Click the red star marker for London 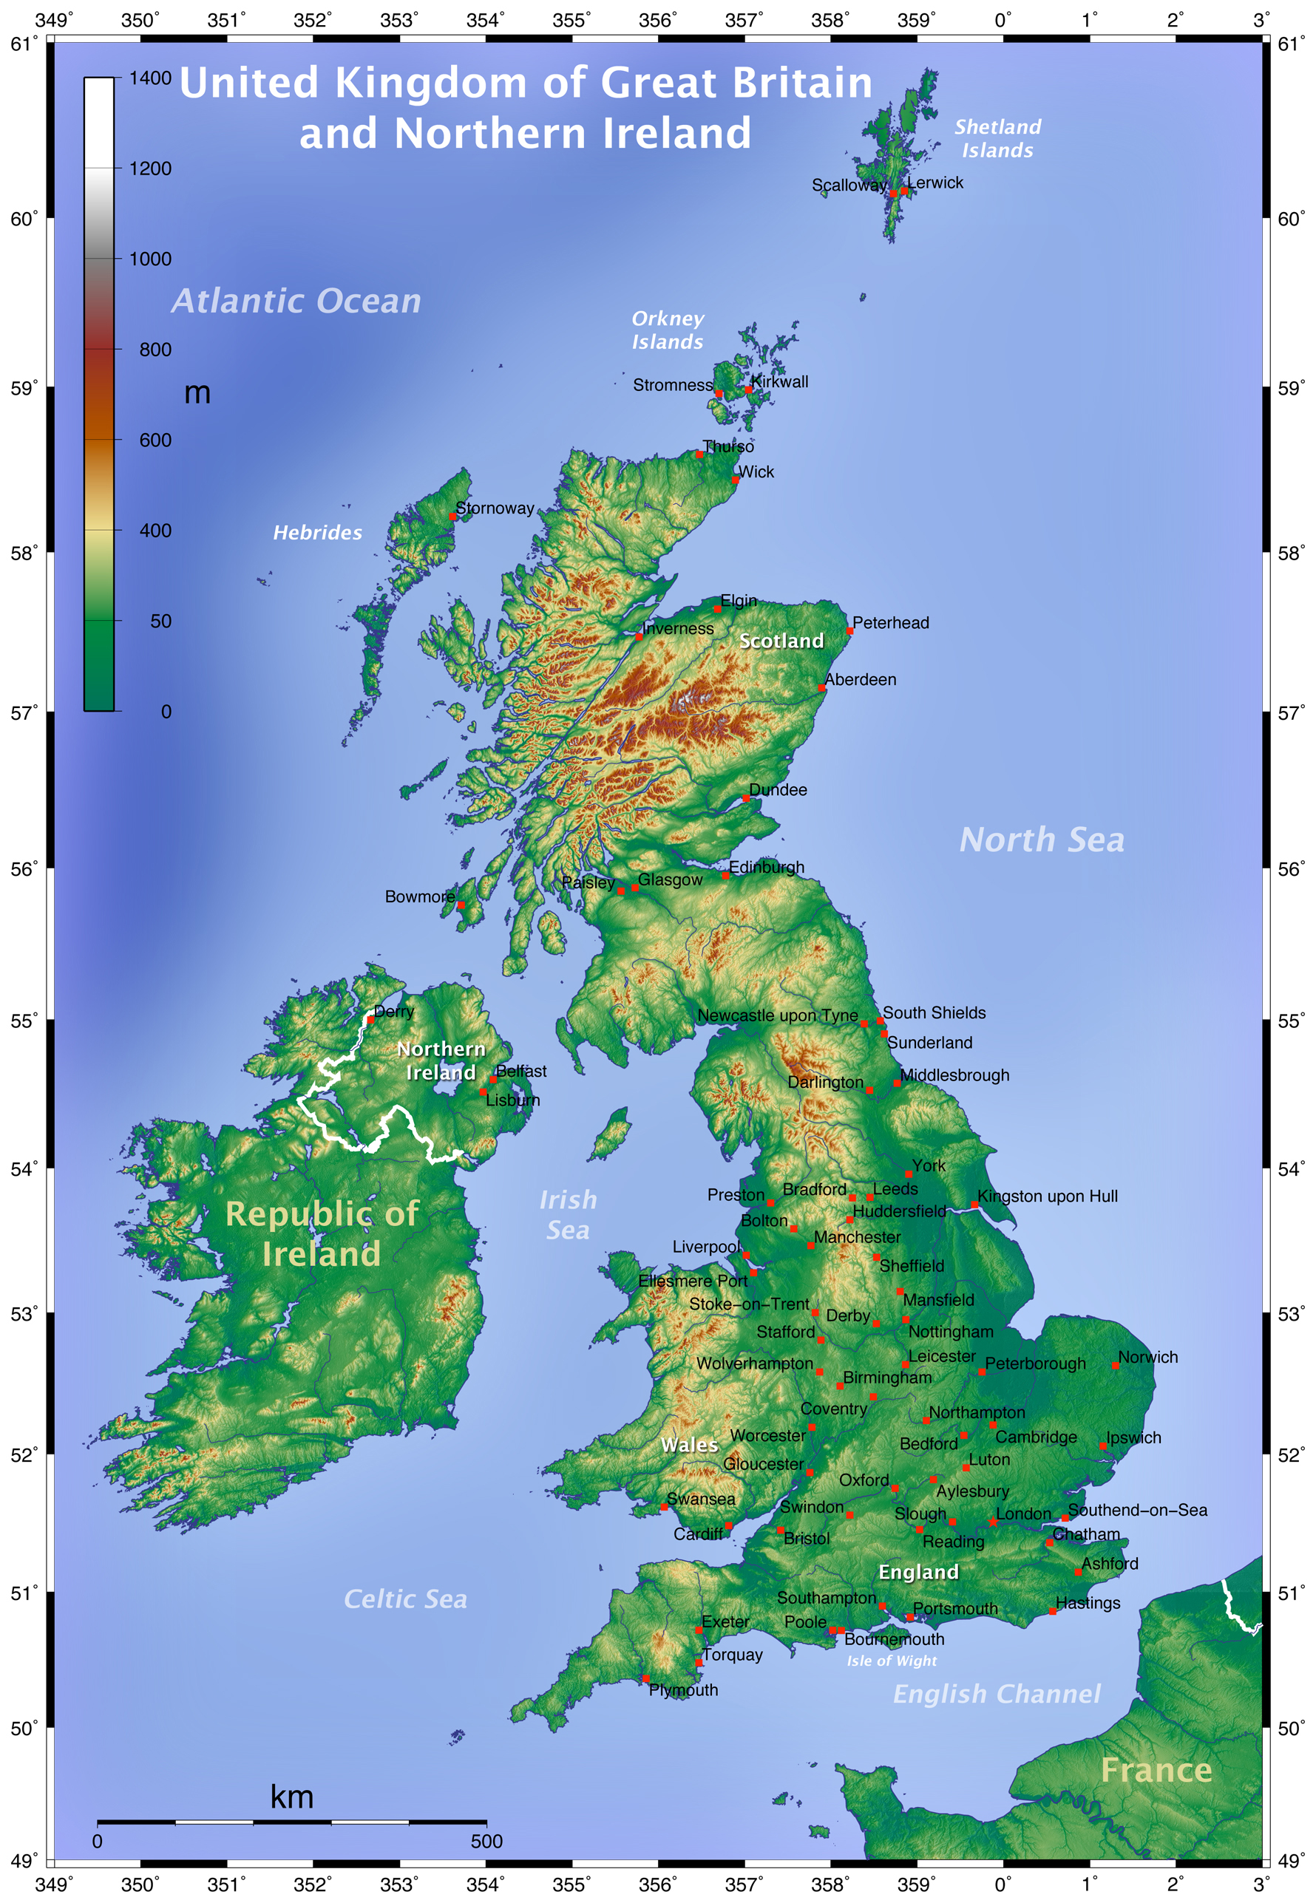[x=993, y=1522]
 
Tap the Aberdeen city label [x=860, y=680]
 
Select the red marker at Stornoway [x=452, y=517]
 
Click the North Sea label [x=1042, y=840]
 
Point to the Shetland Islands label [x=997, y=138]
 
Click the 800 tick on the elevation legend [x=155, y=350]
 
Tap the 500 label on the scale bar [x=486, y=1841]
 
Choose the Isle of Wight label [x=892, y=1661]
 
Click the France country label [x=1156, y=1770]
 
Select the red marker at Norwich [x=1116, y=1366]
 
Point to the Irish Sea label [x=568, y=1215]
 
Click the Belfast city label [x=521, y=1072]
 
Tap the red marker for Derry [x=370, y=1020]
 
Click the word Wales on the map [x=689, y=1445]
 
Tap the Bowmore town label [x=420, y=896]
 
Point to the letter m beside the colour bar [x=197, y=393]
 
